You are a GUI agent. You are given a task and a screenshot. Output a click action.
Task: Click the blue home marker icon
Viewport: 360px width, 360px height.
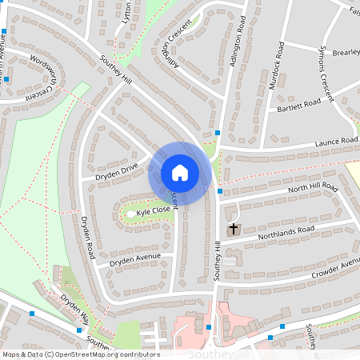(180, 172)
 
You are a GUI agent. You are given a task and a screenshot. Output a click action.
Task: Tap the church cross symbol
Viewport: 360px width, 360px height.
(234, 230)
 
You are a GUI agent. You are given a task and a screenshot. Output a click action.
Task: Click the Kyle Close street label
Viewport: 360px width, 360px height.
(153, 210)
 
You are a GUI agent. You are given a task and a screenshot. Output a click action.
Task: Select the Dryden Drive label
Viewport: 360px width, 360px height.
(117, 170)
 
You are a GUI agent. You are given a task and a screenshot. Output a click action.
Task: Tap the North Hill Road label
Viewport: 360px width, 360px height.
(313, 190)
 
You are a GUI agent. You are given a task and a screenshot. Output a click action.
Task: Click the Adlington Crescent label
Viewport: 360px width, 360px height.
(177, 43)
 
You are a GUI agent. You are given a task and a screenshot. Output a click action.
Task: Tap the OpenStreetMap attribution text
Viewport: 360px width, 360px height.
(80, 354)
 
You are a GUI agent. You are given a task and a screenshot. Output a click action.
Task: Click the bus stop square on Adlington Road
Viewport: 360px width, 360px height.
(218, 133)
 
